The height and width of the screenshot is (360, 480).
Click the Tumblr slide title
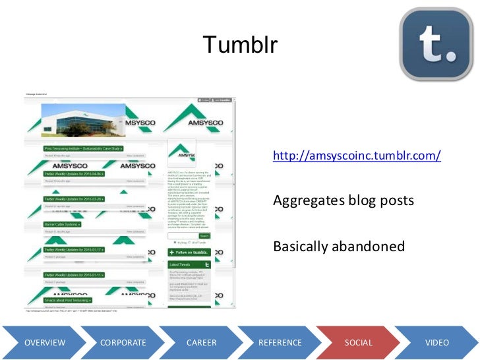pyautogui.click(x=241, y=45)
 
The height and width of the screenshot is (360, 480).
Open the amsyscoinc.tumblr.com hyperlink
pyautogui.click(x=356, y=157)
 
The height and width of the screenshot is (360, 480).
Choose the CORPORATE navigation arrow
pyautogui.click(x=123, y=343)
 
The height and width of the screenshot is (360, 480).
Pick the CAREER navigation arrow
pyautogui.click(x=202, y=343)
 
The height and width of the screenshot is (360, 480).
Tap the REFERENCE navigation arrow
pyautogui.click(x=280, y=343)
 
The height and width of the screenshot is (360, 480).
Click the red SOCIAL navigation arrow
pyautogui.click(x=359, y=343)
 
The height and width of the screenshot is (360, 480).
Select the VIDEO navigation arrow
pyautogui.click(x=437, y=343)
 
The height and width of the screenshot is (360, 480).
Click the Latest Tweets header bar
pyautogui.click(x=189, y=264)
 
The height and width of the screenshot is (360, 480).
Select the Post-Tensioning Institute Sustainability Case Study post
pyautogui.click(x=84, y=149)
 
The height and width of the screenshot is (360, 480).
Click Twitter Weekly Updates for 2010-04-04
pyautogui.click(x=74, y=174)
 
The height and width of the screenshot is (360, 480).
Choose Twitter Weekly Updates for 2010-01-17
pyautogui.click(x=74, y=250)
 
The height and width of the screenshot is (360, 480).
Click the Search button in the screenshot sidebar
pyautogui.click(x=204, y=235)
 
